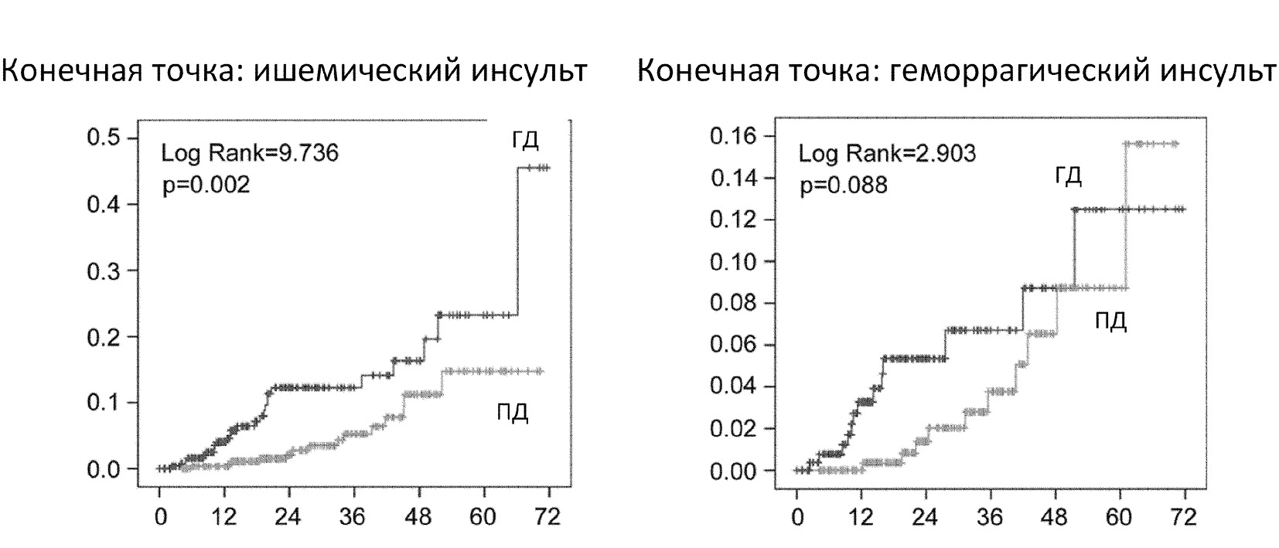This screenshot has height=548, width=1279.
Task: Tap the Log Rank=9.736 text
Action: (x=249, y=153)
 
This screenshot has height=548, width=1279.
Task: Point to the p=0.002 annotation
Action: (x=206, y=186)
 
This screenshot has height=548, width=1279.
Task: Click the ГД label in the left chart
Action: (x=525, y=140)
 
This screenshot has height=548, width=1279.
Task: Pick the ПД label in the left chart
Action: (x=512, y=413)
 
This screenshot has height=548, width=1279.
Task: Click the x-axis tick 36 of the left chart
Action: (x=354, y=516)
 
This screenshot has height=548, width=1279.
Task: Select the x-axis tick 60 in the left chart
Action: (x=483, y=516)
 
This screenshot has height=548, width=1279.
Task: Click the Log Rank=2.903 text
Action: (x=887, y=153)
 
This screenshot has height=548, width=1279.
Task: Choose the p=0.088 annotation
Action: (x=844, y=186)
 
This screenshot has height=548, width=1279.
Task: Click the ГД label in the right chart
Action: (x=1068, y=177)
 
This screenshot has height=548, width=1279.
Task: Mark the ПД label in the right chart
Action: (x=1110, y=321)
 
